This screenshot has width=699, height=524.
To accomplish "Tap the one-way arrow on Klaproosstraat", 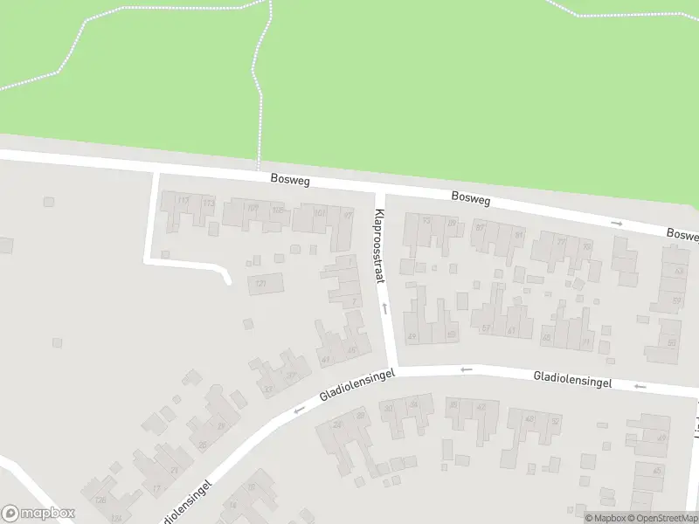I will pyautogui.click(x=384, y=308).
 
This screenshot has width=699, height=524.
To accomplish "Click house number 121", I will pyautogui.click(x=260, y=284).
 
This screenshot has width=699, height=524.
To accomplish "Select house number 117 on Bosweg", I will pyautogui.click(x=183, y=201).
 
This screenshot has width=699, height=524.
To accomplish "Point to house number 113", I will pyautogui.click(x=208, y=203).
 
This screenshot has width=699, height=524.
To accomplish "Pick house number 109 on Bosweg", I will pyautogui.click(x=253, y=208).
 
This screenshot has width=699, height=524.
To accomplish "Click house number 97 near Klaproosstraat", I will pyautogui.click(x=347, y=215).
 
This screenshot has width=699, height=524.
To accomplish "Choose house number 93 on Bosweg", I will pyautogui.click(x=426, y=220).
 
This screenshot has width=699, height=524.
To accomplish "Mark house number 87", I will pyautogui.click(x=479, y=227).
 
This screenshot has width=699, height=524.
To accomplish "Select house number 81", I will pyautogui.click(x=519, y=234).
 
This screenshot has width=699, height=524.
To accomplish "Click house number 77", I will pyautogui.click(x=562, y=241).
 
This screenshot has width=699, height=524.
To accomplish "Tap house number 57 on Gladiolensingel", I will pyautogui.click(x=486, y=329).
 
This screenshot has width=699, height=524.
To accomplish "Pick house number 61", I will pyautogui.click(x=512, y=331).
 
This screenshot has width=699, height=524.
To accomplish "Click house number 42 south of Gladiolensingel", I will pyautogui.click(x=481, y=406).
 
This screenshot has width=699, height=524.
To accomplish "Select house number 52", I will pyautogui.click(x=555, y=421).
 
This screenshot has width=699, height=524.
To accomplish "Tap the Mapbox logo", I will pyautogui.click(x=38, y=513).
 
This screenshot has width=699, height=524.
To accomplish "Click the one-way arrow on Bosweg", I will pyautogui.click(x=617, y=224).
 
